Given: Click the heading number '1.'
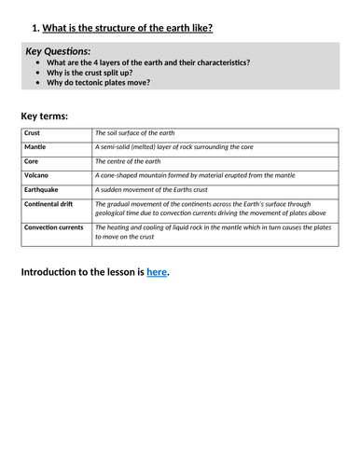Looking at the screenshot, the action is [35, 27].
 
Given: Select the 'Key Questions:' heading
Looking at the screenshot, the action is [58, 50].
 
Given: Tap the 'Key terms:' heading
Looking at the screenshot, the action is [44, 116].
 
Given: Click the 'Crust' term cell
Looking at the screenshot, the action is [32, 134].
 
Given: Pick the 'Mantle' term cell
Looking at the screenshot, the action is [35, 147].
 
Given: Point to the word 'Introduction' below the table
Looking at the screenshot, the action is [56, 271].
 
